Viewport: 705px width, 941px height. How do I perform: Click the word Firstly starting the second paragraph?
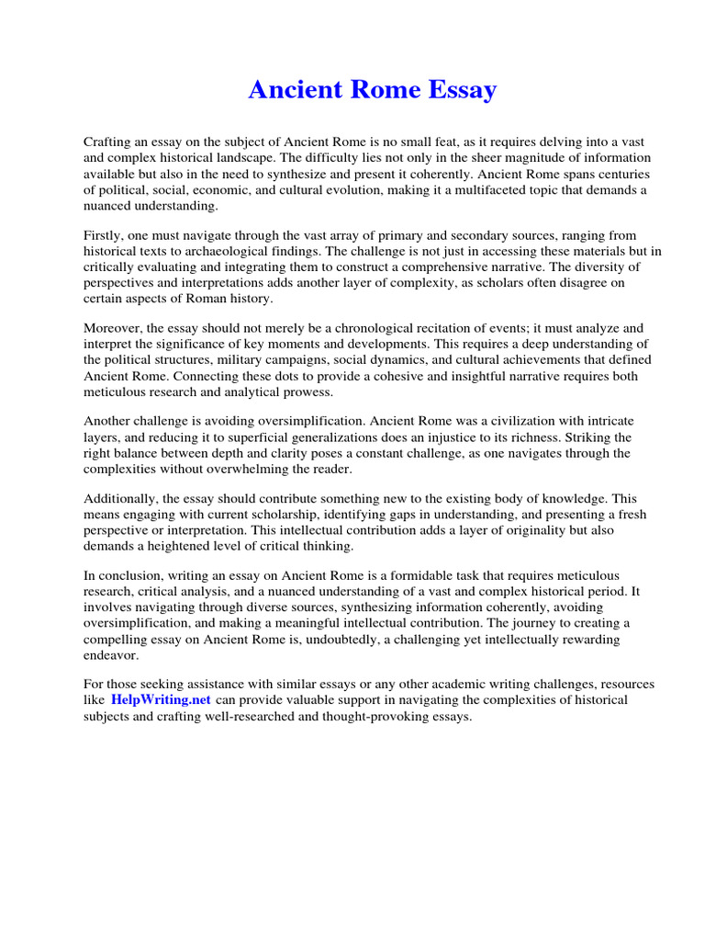tap(105, 236)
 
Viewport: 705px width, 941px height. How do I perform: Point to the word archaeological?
tap(263, 252)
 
